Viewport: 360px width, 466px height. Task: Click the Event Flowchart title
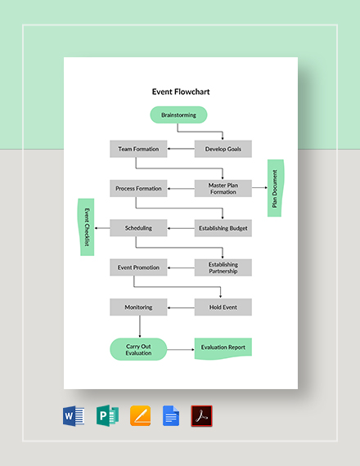[181, 92]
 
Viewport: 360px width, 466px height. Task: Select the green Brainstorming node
[178, 115]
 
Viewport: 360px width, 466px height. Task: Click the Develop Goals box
[223, 149]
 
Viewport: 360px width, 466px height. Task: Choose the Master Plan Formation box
[223, 189]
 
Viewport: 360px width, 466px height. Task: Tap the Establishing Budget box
[223, 228]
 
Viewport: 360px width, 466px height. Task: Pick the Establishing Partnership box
[223, 267]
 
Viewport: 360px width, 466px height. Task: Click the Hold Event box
[223, 307]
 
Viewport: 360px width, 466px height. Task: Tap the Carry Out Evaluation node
[137, 349]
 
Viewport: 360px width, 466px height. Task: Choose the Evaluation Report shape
[223, 348]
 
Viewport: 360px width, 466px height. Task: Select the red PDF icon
[201, 415]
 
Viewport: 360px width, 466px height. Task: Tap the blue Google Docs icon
[170, 415]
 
